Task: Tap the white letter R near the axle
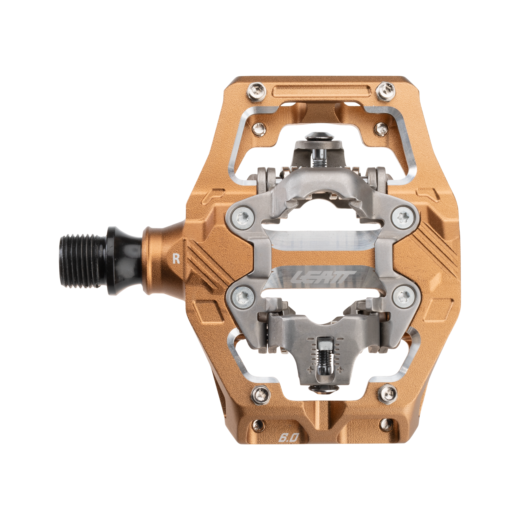[x=176, y=259]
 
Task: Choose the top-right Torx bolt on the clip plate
[x=402, y=217]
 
